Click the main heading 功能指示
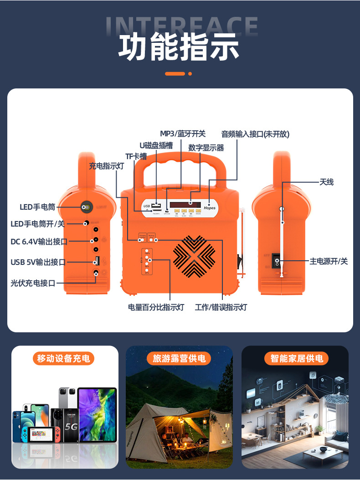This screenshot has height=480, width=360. click(x=179, y=47)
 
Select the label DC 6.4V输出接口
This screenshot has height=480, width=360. click(x=39, y=241)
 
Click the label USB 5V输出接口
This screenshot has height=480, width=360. click(x=38, y=262)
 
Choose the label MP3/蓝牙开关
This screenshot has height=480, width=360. click(x=183, y=134)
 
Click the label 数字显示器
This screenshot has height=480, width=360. click(x=206, y=148)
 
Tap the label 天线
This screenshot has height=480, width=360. click(x=326, y=182)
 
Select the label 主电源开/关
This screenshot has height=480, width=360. click(x=329, y=261)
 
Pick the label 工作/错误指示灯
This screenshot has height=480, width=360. click(x=221, y=307)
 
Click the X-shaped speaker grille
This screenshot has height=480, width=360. click(x=194, y=256)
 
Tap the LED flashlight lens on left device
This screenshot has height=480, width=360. click(x=84, y=207)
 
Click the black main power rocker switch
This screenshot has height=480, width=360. click(x=276, y=261)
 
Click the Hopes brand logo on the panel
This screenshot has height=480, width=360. click(x=210, y=208)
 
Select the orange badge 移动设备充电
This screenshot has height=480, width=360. click(x=63, y=358)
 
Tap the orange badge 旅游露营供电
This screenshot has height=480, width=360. click(x=179, y=358)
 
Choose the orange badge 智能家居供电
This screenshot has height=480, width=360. click(x=296, y=358)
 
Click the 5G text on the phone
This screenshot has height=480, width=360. click(x=71, y=428)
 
